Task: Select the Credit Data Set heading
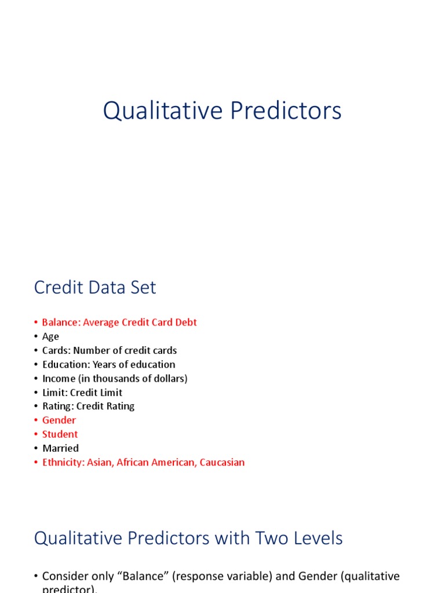point(95,288)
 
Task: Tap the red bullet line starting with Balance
point(119,323)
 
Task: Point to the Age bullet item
point(50,336)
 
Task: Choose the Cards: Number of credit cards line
point(110,350)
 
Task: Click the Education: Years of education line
point(108,364)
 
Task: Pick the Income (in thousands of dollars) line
point(115,378)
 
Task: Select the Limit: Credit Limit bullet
point(82,392)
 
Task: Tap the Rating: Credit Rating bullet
point(88,406)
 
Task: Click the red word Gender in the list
point(59,420)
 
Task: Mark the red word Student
point(60,434)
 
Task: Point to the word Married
point(60,448)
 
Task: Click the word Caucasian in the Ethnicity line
point(222,462)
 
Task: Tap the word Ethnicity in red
point(63,462)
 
